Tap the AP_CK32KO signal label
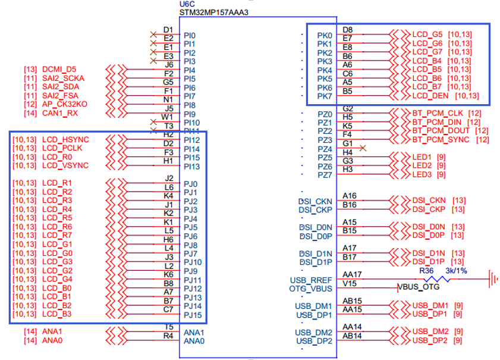[65, 104]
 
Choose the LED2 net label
[422, 165]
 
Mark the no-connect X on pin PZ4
[363, 148]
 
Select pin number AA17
[353, 274]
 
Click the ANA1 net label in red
[52, 331]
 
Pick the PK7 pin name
[324, 96]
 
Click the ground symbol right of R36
[493, 278]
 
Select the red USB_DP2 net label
[430, 340]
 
